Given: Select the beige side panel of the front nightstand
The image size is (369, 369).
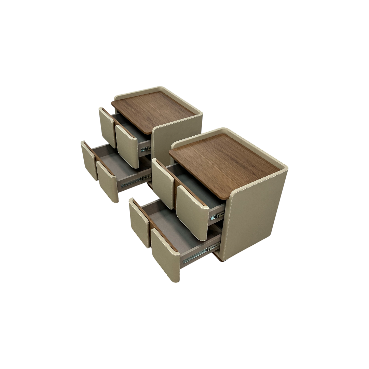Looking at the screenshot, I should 258,212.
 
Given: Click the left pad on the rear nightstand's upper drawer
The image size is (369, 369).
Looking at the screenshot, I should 107,127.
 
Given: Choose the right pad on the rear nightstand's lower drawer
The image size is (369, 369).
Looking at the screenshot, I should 108,181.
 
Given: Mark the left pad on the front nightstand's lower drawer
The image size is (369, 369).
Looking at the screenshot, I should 139,222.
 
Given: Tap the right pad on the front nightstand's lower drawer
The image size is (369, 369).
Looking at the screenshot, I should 166,255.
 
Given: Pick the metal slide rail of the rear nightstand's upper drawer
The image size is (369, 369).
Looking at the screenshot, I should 146,149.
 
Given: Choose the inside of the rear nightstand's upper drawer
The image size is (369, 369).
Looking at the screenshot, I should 133,130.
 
